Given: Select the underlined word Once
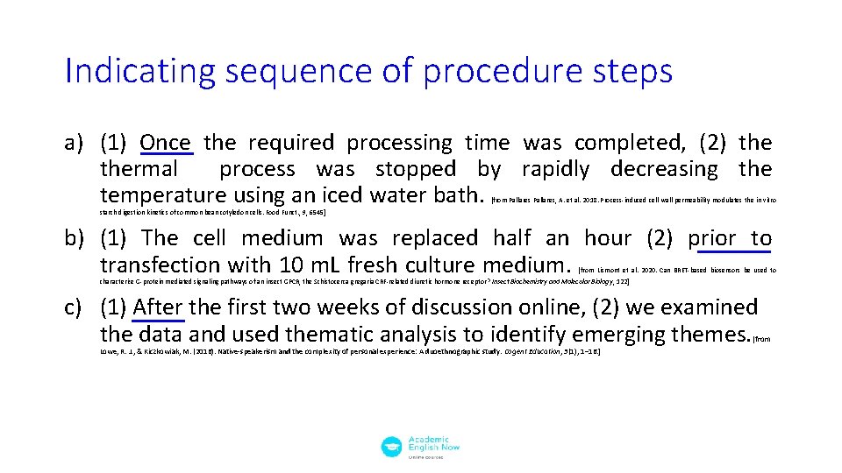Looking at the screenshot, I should click(x=165, y=142).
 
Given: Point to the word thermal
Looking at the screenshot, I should click(x=139, y=168).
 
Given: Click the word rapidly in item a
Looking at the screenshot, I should click(x=558, y=168).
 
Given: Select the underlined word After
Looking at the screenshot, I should click(x=158, y=307).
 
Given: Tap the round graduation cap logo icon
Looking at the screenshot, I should click(x=391, y=447).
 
